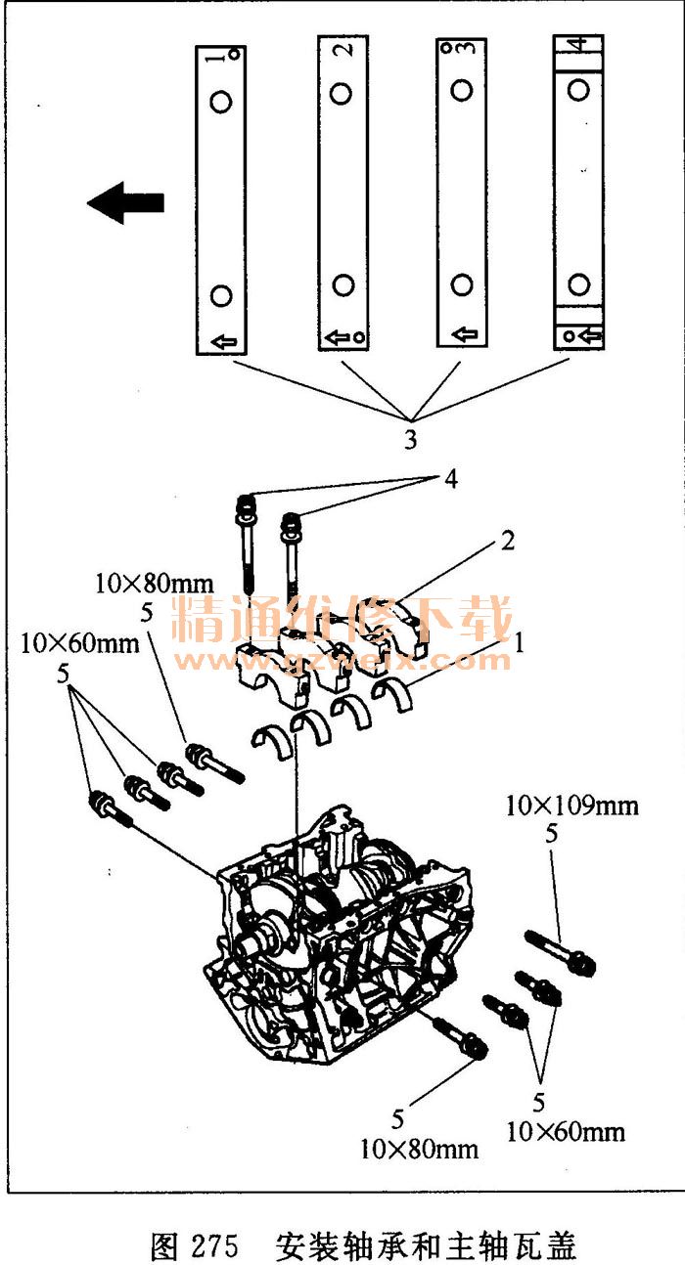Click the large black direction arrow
click(x=125, y=202)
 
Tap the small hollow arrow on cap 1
click(x=224, y=341)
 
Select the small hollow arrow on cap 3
click(x=465, y=333)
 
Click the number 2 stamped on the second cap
click(x=344, y=49)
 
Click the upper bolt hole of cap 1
click(x=220, y=102)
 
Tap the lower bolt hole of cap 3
click(x=462, y=284)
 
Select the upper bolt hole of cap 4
click(x=578, y=89)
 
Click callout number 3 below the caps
click(x=411, y=439)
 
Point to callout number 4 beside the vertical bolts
click(x=450, y=478)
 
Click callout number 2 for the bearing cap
click(x=508, y=541)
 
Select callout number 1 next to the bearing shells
click(x=519, y=642)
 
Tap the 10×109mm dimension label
click(x=571, y=806)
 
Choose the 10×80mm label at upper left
click(x=155, y=584)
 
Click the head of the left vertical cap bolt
click(x=245, y=505)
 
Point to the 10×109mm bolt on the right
click(x=561, y=952)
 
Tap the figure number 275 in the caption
click(x=216, y=1244)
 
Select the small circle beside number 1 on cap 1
click(x=235, y=55)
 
